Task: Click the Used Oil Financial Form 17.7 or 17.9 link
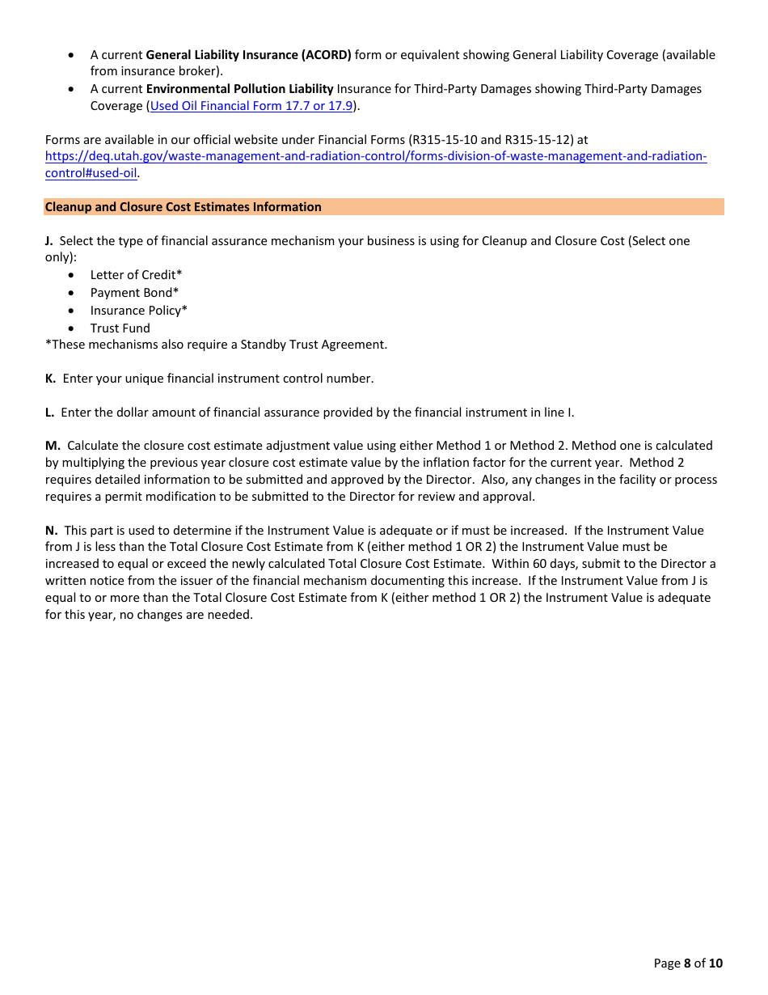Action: [251, 106]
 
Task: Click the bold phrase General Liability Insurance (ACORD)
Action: [248, 55]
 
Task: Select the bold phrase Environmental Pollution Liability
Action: [239, 89]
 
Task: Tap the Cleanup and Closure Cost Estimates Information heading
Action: [184, 207]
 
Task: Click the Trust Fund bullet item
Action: [120, 328]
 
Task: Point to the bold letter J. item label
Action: [49, 241]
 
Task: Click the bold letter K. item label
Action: [50, 379]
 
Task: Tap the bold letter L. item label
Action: [49, 413]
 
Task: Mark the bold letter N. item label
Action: [51, 531]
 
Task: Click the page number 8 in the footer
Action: [687, 963]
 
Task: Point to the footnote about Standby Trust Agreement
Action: [216, 345]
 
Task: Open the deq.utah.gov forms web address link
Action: [376, 157]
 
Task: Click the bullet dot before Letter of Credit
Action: [72, 276]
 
